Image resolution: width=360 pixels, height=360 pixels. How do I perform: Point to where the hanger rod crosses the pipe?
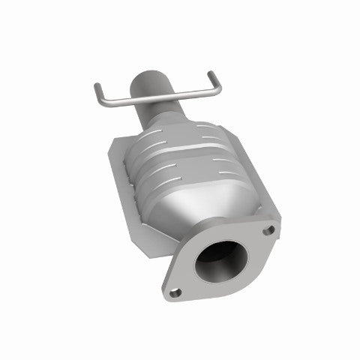156,96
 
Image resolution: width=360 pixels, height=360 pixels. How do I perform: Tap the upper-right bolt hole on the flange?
268,228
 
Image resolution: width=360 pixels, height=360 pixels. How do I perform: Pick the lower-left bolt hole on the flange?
175,292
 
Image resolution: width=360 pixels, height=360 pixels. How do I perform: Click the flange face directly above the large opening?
225,232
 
